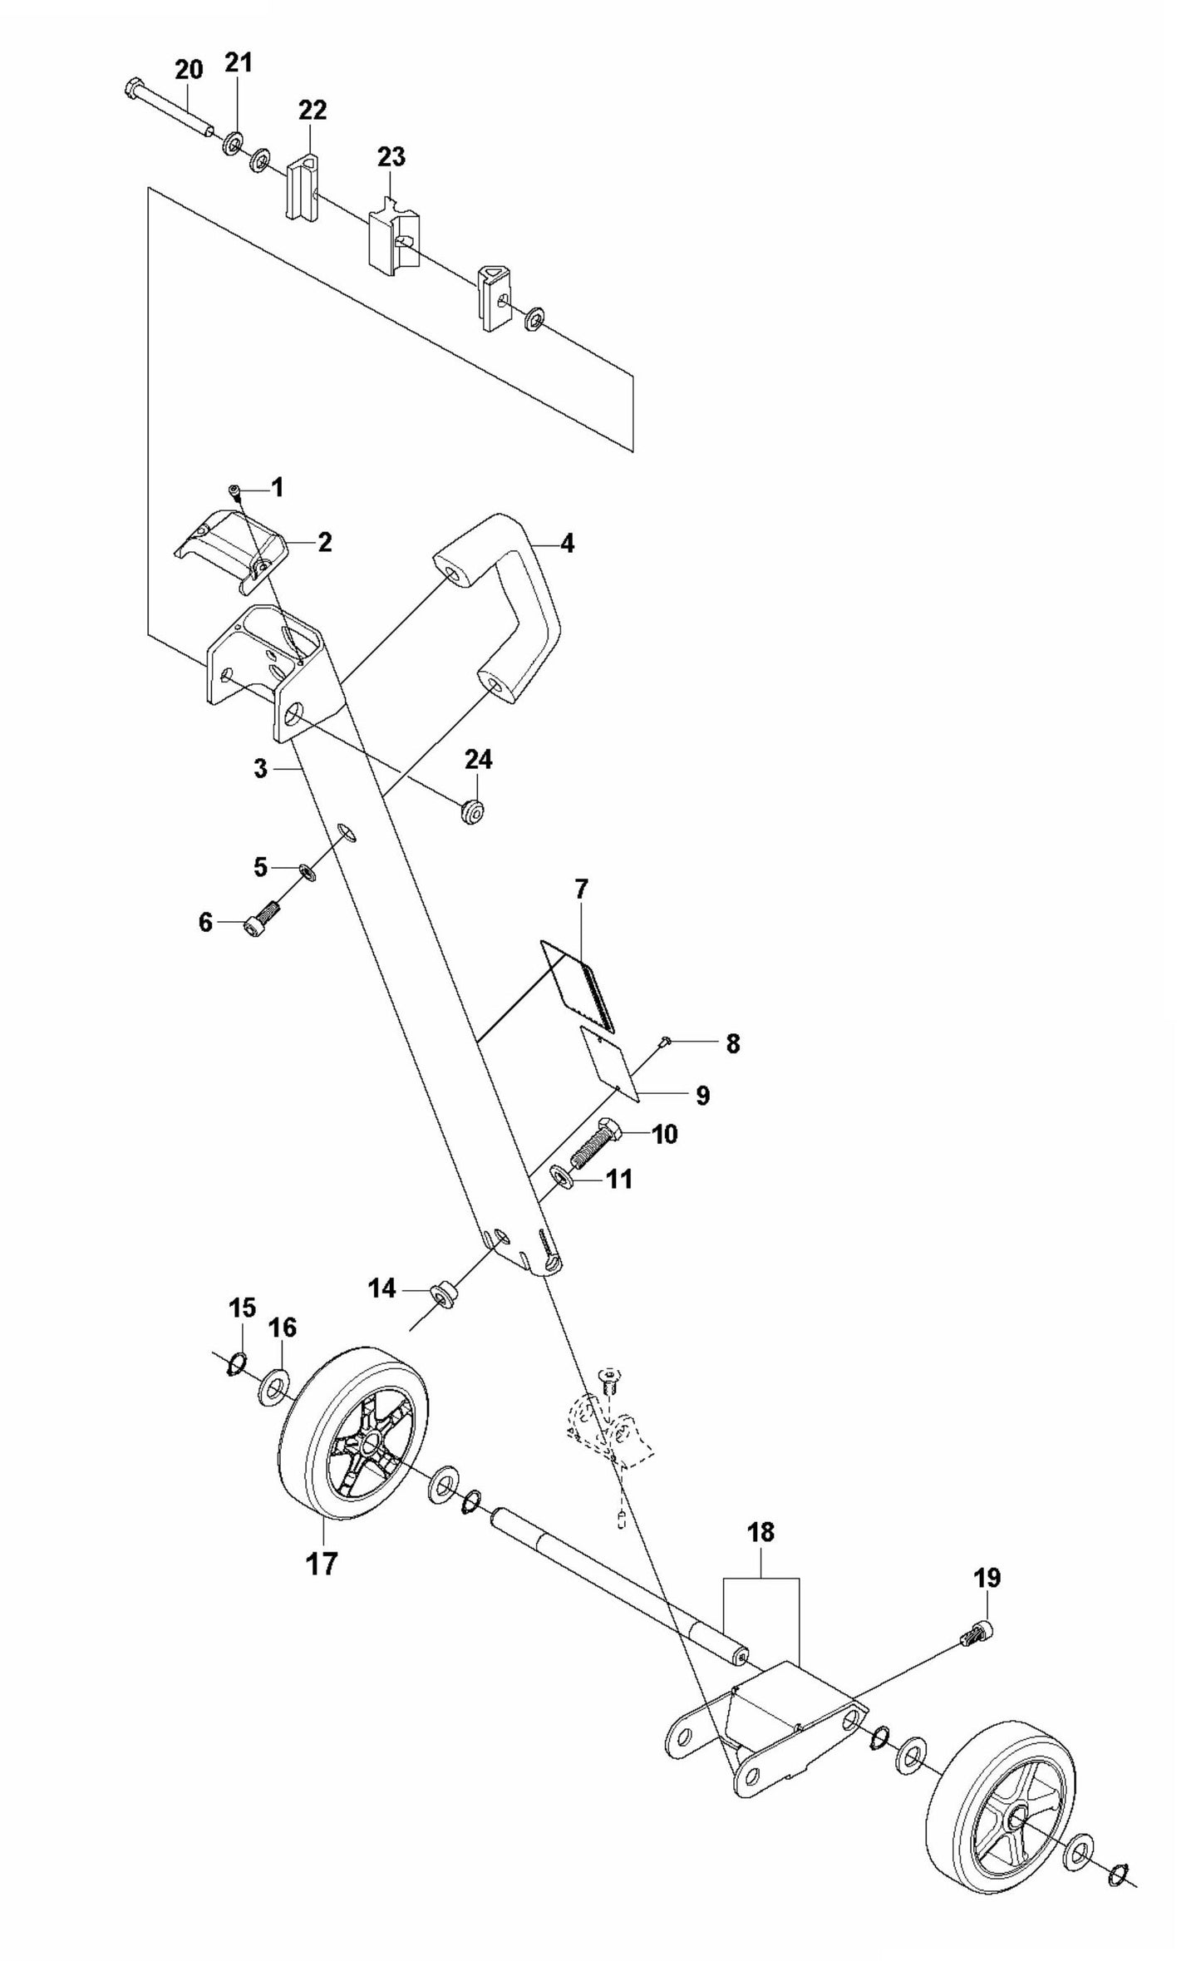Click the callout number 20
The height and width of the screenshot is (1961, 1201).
coord(189,70)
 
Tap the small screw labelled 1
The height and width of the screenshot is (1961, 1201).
coord(236,490)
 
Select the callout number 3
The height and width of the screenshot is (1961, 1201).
coord(261,769)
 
